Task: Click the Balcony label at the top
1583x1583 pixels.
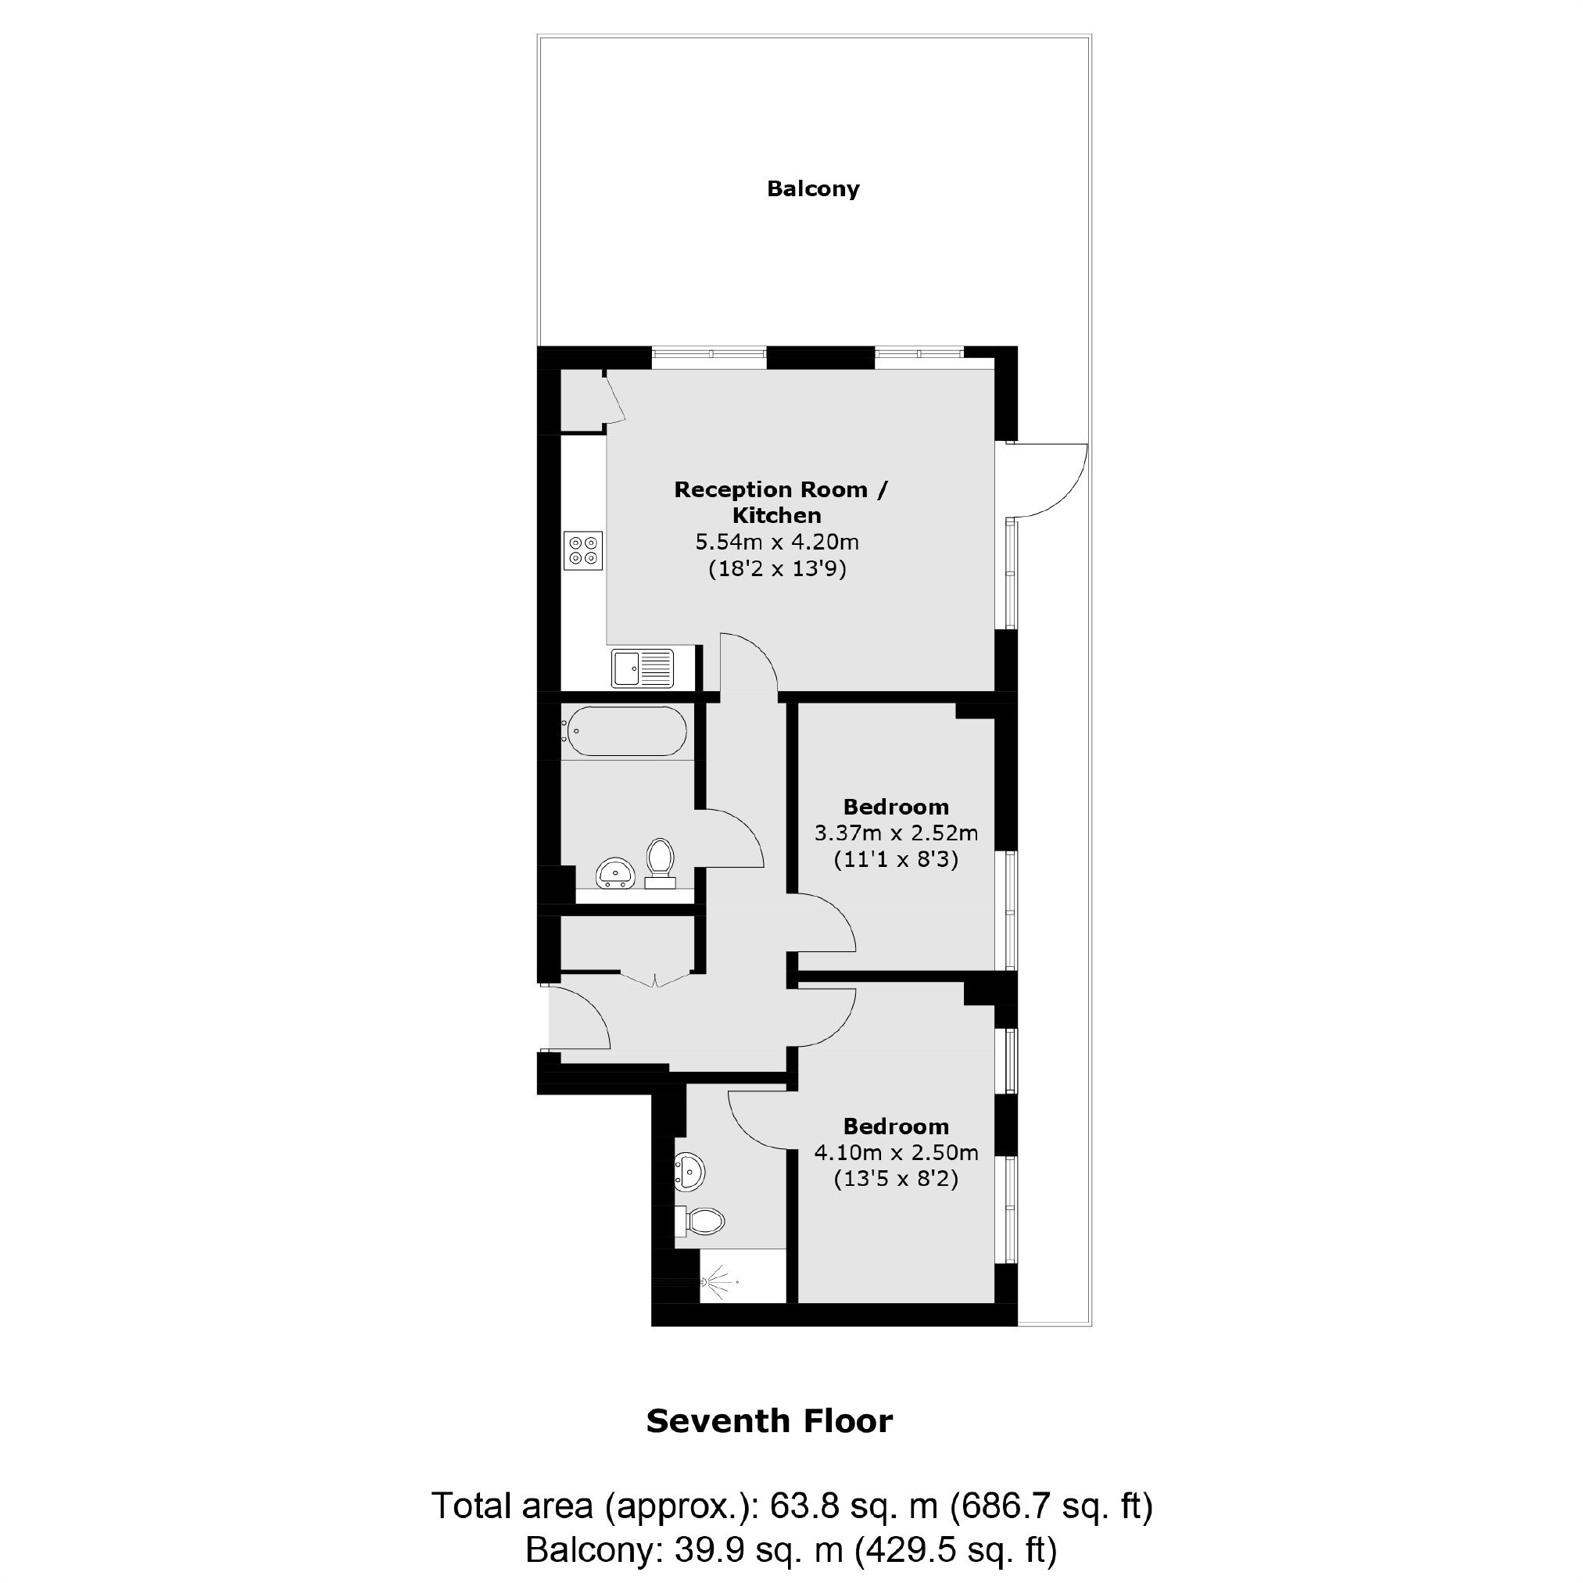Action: pos(813,189)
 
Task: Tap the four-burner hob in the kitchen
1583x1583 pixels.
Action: pos(583,550)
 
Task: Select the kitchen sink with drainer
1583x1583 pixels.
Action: pos(643,668)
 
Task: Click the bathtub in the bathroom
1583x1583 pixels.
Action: pos(625,732)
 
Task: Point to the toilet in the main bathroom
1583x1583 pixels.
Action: pos(659,863)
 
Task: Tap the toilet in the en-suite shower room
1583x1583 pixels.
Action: pos(701,1222)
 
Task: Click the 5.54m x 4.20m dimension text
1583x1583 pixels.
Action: pos(777,543)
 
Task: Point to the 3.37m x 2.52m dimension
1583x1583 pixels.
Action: pos(896,834)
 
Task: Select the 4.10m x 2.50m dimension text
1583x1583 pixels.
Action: pos(896,1153)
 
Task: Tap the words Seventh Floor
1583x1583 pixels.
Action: pos(769,1422)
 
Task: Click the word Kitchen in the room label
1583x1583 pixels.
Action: pos(777,516)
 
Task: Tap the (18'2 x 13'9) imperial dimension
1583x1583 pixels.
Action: pos(777,568)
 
